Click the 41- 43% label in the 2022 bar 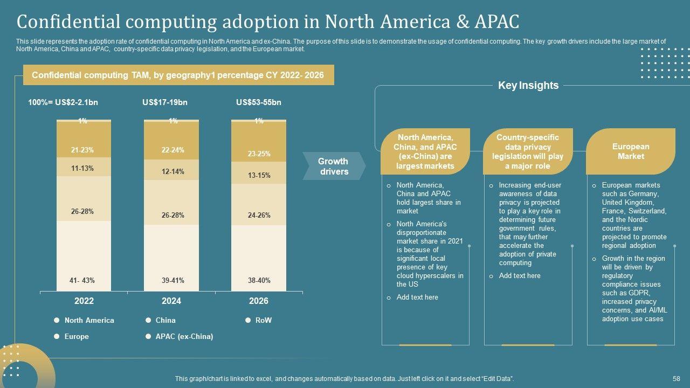[82, 280]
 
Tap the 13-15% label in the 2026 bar [259, 175]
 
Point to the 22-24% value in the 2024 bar [172, 150]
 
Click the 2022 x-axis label [84, 301]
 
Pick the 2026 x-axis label [258, 301]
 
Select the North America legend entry [89, 320]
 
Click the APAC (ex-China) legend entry [184, 336]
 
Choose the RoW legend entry [263, 320]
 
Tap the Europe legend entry [77, 336]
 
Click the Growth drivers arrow [333, 167]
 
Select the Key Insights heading [528, 85]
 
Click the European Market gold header [630, 151]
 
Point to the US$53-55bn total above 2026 [259, 102]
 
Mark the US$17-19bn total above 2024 [165, 102]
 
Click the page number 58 [677, 379]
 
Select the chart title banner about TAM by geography [178, 75]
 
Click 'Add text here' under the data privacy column [519, 276]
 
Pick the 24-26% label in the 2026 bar [259, 215]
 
